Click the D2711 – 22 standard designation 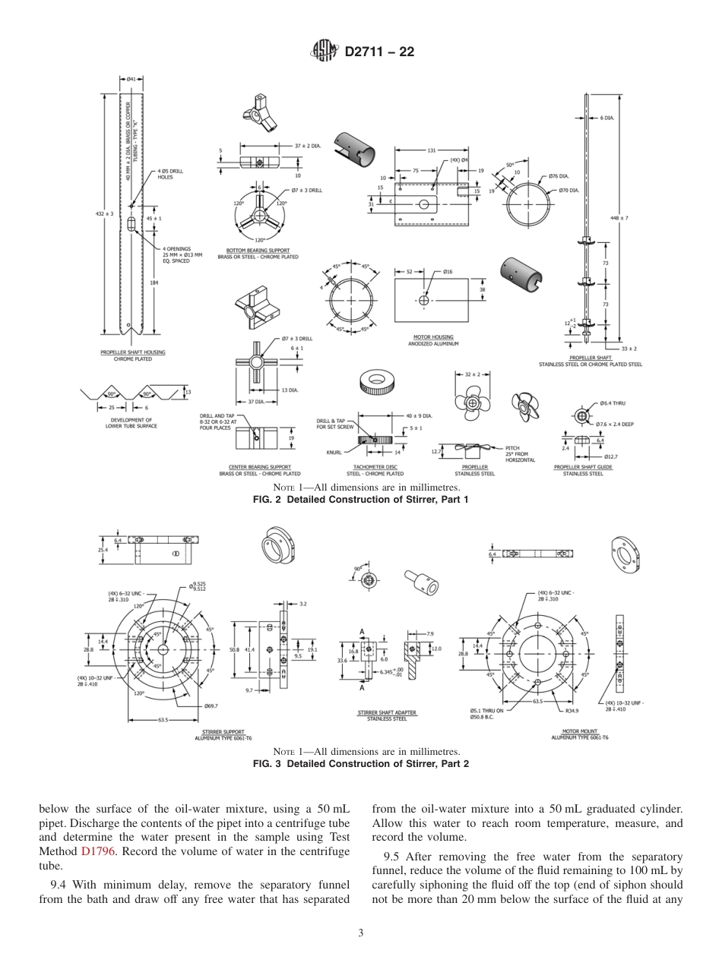379,52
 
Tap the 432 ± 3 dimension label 105,215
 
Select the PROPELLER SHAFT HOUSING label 133,352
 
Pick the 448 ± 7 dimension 619,217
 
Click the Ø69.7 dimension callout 212,706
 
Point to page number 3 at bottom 361,933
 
